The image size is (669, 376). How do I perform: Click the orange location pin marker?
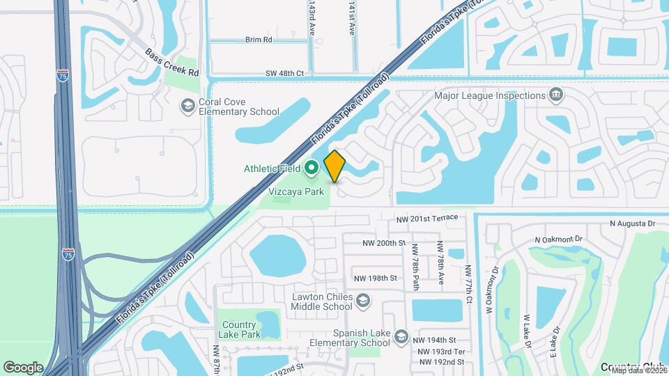point(334,166)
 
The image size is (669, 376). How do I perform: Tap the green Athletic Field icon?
point(311,168)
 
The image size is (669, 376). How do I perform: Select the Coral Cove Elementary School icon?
point(187,106)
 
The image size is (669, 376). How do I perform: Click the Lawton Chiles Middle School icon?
point(362,301)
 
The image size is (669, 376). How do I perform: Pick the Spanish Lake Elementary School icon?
point(401,337)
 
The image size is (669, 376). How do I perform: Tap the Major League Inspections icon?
point(556,95)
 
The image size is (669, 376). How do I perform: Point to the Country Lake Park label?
point(239,330)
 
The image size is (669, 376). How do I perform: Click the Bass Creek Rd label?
point(172,63)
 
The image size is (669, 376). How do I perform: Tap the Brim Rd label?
point(258,40)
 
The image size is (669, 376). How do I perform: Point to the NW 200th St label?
point(384,243)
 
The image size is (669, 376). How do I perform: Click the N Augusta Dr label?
point(633,224)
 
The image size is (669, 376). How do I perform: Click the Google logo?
point(23,367)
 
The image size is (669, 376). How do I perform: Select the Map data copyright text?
point(638,370)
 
